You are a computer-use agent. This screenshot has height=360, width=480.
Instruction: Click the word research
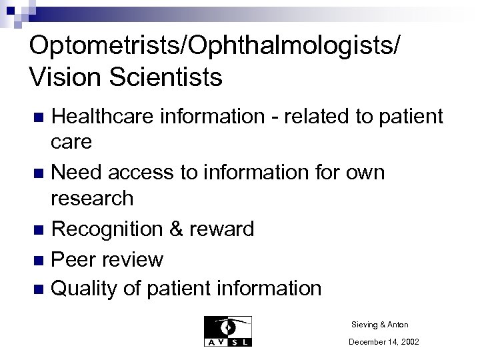[92, 198]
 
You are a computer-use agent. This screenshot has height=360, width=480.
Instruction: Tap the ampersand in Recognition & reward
[176, 229]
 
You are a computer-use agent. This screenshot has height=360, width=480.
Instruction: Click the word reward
[222, 229]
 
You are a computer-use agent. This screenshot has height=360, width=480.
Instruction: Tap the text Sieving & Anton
[379, 325]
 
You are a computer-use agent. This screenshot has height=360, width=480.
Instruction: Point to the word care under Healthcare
[71, 142]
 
